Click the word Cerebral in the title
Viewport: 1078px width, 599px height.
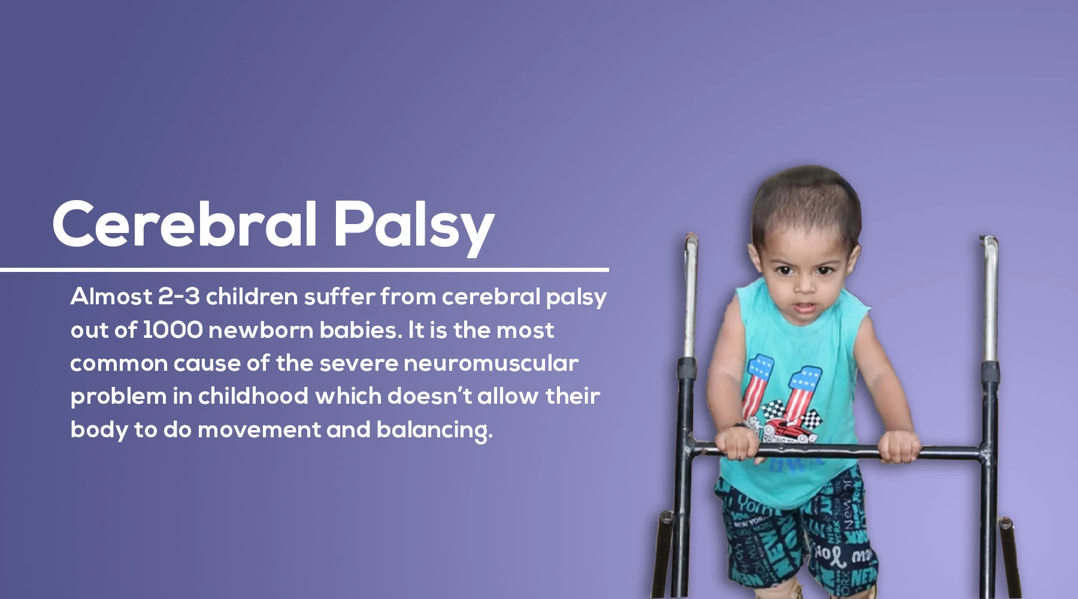(x=184, y=224)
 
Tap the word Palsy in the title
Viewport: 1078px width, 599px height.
(x=414, y=228)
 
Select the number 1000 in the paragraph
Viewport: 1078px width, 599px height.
(x=172, y=330)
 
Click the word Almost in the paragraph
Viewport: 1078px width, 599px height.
(x=111, y=297)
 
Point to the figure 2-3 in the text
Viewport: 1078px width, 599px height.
(x=179, y=297)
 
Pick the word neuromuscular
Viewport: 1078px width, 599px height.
(x=491, y=363)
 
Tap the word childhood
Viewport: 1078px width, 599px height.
(x=253, y=396)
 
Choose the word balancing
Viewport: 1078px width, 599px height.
(x=434, y=430)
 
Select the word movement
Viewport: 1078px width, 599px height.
(x=259, y=430)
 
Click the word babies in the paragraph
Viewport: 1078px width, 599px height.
(x=361, y=330)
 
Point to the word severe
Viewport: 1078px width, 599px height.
(x=358, y=364)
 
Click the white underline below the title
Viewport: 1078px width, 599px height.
(x=304, y=270)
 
